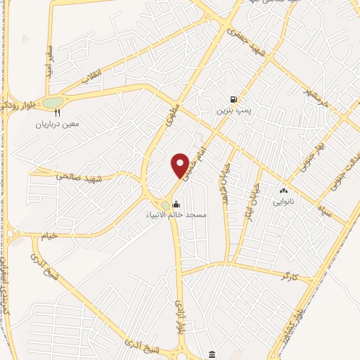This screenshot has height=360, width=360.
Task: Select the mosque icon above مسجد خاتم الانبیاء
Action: click(x=175, y=204)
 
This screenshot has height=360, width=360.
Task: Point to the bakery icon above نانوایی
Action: click(x=284, y=191)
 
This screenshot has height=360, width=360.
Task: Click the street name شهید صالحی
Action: click(x=75, y=177)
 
